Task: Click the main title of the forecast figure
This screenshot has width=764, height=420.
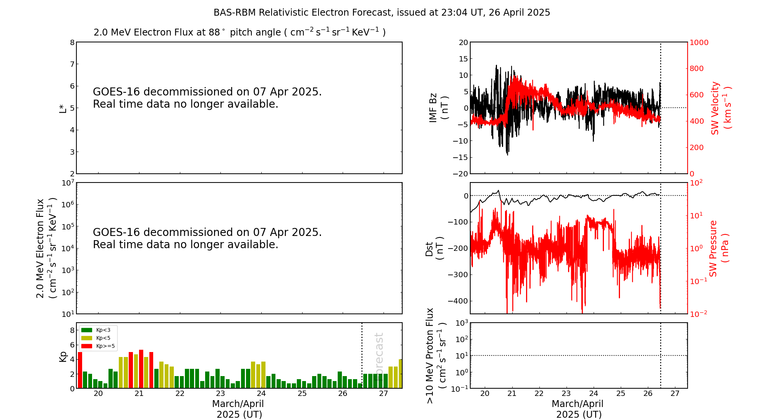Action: tap(382, 13)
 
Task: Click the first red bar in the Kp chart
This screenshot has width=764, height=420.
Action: tap(80, 370)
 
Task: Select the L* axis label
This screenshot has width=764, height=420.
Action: tap(63, 108)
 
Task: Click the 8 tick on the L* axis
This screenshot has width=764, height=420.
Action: tap(72, 42)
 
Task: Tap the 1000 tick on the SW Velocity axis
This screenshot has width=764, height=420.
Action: tap(699, 42)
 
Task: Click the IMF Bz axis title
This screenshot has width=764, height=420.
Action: tap(439, 108)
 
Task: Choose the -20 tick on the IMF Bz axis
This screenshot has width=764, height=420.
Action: tap(460, 174)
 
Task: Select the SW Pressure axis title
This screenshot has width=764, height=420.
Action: tap(719, 248)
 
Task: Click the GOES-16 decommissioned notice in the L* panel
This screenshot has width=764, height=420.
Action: tap(207, 98)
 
